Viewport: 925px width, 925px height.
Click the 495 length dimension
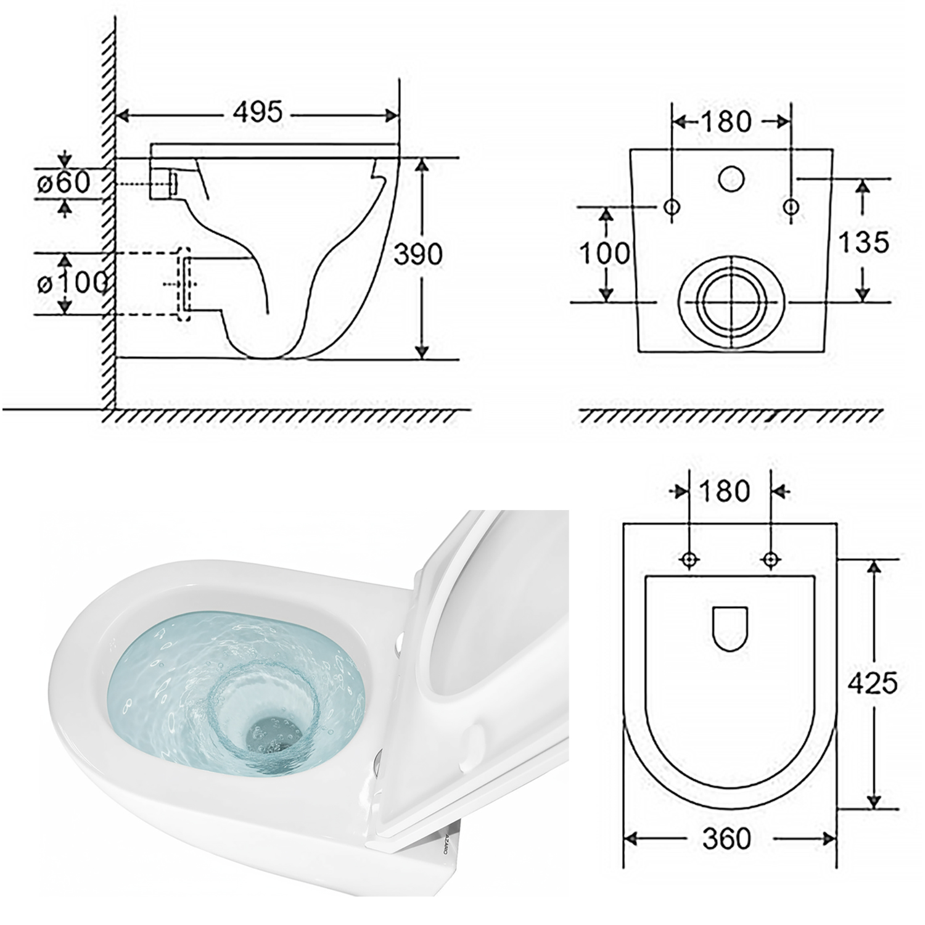(x=258, y=113)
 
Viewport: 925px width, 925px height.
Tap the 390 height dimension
(x=419, y=254)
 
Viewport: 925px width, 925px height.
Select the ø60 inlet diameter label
(x=63, y=183)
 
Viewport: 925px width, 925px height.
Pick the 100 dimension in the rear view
(x=605, y=253)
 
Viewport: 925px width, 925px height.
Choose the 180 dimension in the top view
(x=725, y=491)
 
